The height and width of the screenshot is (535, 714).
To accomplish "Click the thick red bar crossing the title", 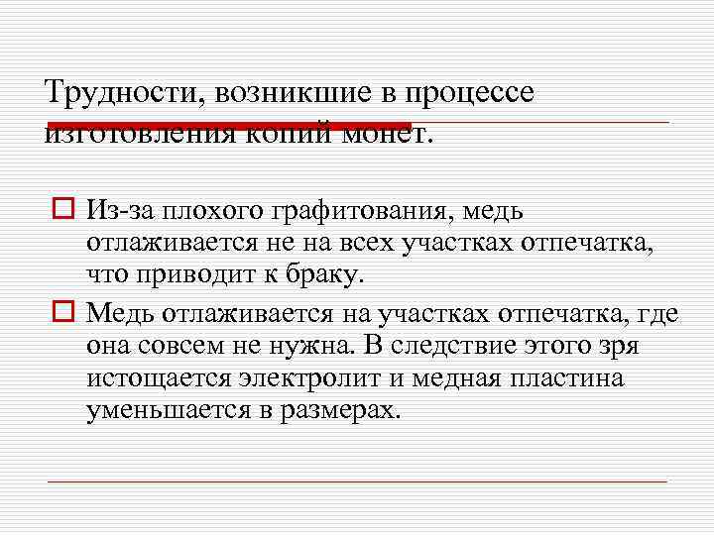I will pyautogui.click(x=228, y=126).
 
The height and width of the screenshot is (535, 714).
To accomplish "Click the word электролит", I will pyautogui.click(x=309, y=377).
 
